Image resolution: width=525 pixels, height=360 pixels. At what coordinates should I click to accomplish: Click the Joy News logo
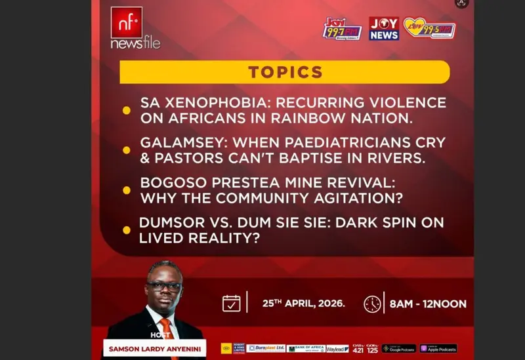pyautogui.click(x=384, y=28)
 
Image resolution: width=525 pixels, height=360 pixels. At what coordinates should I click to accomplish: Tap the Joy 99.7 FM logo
pyautogui.click(x=342, y=29)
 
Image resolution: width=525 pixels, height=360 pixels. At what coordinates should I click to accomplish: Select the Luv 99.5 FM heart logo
pyautogui.click(x=429, y=28)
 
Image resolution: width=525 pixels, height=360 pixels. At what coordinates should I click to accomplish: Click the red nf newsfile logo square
pyautogui.click(x=127, y=23)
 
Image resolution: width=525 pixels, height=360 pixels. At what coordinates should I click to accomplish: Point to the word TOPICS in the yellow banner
pyautogui.click(x=285, y=72)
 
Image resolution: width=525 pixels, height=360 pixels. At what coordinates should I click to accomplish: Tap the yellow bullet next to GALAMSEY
pyautogui.click(x=127, y=150)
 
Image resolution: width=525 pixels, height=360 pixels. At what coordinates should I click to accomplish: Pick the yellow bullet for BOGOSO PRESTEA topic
pyautogui.click(x=127, y=190)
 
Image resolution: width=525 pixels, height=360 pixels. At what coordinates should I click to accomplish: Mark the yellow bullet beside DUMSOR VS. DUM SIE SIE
pyautogui.click(x=127, y=230)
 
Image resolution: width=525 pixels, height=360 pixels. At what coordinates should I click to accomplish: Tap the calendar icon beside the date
pyautogui.click(x=231, y=303)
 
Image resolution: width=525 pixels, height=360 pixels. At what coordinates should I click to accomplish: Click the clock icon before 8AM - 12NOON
pyautogui.click(x=372, y=304)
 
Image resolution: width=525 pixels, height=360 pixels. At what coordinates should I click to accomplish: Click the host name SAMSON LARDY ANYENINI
pyautogui.click(x=154, y=348)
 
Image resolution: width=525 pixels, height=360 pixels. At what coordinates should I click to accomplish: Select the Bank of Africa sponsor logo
pyautogui.click(x=305, y=349)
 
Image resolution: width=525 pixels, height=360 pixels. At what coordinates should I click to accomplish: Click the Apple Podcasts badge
pyautogui.click(x=438, y=349)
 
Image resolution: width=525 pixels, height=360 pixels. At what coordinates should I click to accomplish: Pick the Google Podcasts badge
pyautogui.click(x=399, y=349)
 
